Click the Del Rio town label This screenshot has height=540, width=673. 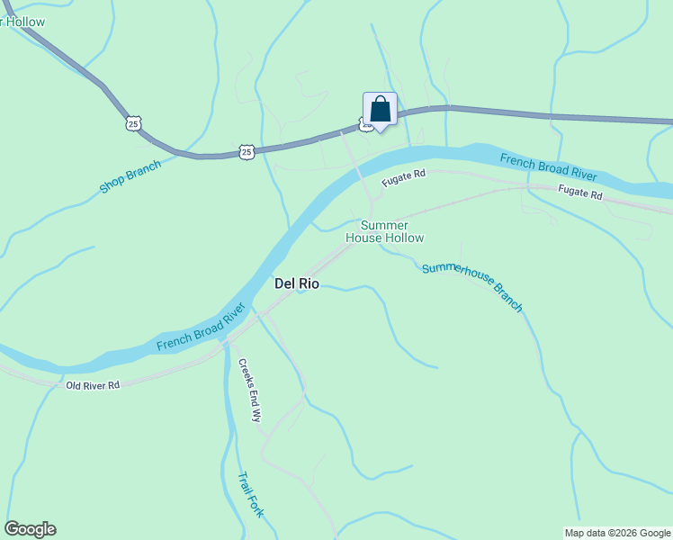(x=296, y=283)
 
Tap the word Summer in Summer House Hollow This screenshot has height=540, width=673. (x=384, y=225)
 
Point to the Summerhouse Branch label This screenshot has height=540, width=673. (x=471, y=286)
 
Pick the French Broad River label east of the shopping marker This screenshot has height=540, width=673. (x=550, y=167)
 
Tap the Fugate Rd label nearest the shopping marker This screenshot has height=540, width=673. (x=402, y=178)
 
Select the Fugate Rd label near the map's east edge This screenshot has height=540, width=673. (x=579, y=193)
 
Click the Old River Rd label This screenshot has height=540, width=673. (x=93, y=385)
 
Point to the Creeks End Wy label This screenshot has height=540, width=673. (x=249, y=391)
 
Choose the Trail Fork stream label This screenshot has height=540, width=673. (x=250, y=495)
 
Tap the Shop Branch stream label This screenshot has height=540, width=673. (x=130, y=176)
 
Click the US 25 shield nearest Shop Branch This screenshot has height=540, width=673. (x=133, y=124)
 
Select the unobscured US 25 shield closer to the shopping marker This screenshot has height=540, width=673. (x=247, y=151)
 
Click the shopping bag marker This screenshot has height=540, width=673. (x=380, y=110)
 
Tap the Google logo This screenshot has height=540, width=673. (x=30, y=529)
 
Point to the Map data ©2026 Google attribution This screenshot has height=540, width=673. (x=617, y=533)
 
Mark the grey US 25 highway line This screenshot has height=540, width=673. (x=540, y=114)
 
